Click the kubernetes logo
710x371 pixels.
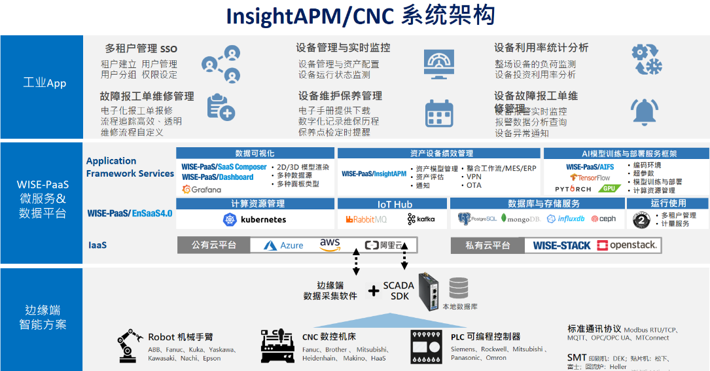coord(255,219)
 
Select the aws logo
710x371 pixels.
coord(330,245)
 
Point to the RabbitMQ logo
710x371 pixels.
coord(366,219)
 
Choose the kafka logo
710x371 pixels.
coord(421,219)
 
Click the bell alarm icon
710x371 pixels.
coord(643,112)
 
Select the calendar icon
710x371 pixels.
coord(439,113)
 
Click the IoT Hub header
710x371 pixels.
coord(394,204)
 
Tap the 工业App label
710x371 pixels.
coord(44,83)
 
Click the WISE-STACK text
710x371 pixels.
coord(561,245)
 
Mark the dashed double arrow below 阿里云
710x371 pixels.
coord(404,255)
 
